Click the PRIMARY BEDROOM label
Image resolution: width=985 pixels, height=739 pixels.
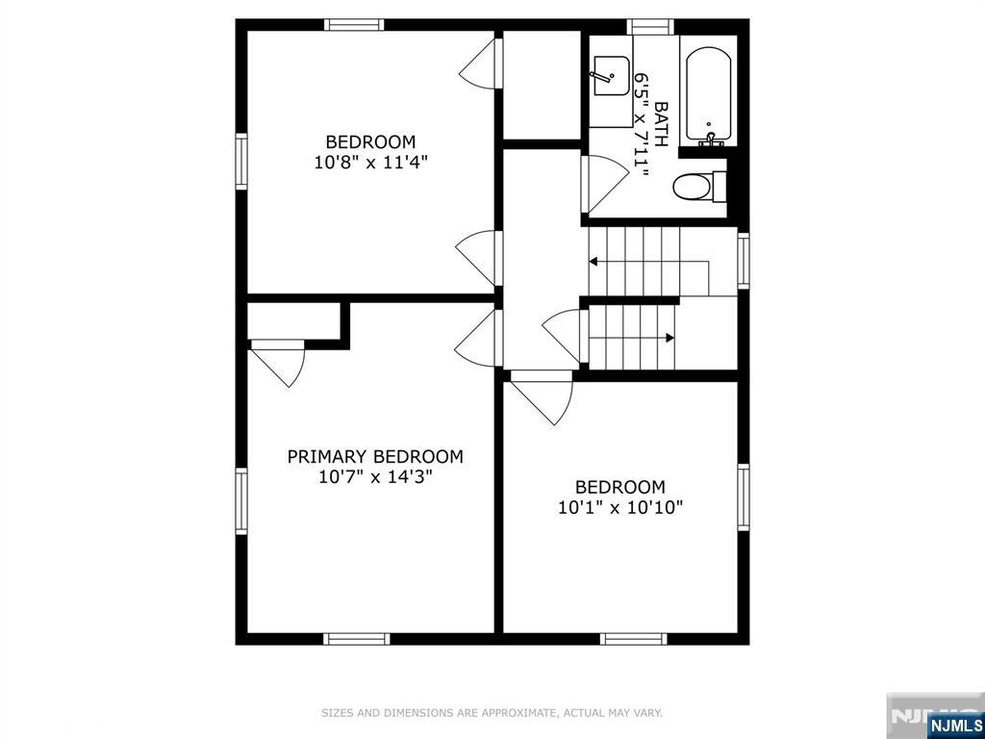point(375,456)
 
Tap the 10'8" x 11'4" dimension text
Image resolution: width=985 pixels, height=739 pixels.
point(370,163)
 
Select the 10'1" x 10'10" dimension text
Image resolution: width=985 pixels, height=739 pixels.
point(620,507)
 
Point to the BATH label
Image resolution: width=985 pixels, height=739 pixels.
point(660,125)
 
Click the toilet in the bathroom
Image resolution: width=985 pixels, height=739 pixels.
point(699,186)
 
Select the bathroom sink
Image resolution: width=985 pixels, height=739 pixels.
point(611,76)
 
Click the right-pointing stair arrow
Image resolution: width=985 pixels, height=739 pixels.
point(631,338)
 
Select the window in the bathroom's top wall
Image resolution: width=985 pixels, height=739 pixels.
point(650,26)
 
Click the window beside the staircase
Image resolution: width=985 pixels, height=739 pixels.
point(744,260)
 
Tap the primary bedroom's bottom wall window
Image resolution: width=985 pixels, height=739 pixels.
point(357,639)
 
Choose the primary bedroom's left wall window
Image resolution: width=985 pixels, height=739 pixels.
point(241,501)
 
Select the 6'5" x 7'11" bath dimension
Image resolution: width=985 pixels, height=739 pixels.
point(641,125)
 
